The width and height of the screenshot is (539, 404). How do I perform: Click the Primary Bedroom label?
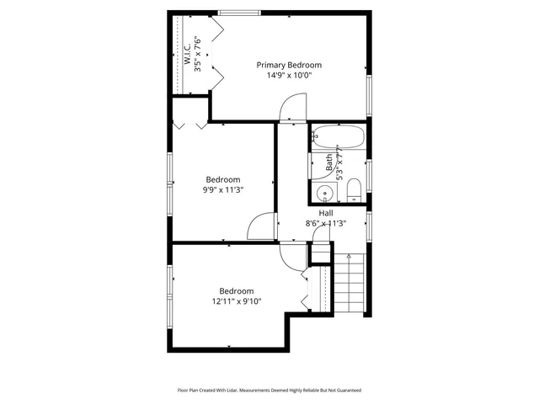point(289,65)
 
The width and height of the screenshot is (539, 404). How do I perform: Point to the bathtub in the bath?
point(338,136)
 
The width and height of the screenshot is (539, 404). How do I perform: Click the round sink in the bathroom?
point(323,194)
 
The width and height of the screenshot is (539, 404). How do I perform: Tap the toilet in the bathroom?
point(354,189)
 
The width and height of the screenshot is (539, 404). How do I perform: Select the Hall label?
point(325,213)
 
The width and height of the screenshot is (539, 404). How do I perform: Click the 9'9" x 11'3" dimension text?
point(223,190)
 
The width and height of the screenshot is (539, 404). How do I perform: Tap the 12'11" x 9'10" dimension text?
point(237,302)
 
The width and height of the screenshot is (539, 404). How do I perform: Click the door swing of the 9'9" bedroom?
point(263,226)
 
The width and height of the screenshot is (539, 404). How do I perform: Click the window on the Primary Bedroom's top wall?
point(239,12)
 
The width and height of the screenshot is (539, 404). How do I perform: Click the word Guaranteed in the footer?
point(344,391)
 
